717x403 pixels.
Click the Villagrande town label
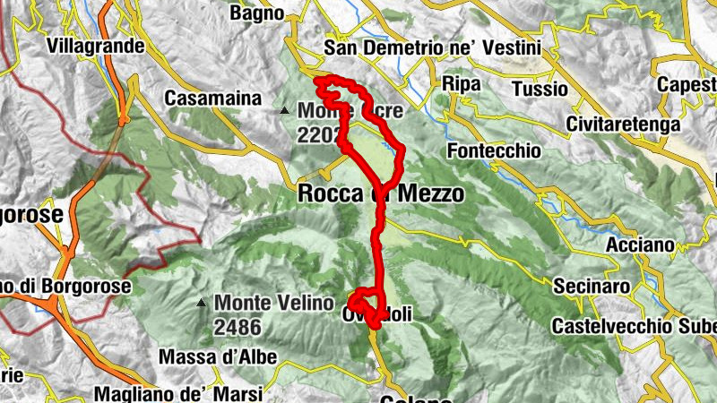click(94, 45)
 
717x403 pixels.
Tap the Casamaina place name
click(213, 98)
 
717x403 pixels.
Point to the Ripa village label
click(462, 83)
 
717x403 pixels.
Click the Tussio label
click(540, 89)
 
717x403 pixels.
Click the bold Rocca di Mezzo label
click(380, 193)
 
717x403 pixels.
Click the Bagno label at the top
click(256, 13)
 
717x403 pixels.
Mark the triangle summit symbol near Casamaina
click(285, 111)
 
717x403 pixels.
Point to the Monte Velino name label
click(273, 303)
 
